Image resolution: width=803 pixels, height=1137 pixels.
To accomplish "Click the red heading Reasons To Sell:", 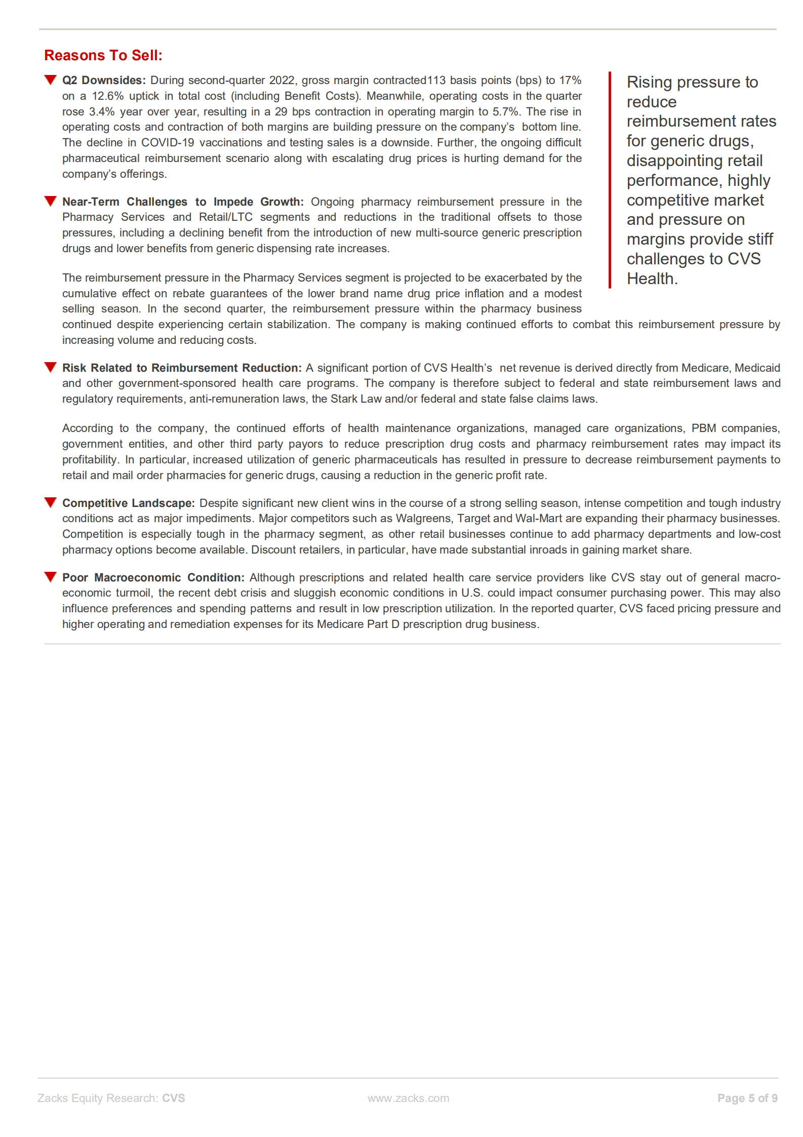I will click(103, 55).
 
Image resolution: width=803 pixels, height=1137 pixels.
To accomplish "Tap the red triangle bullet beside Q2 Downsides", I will click(50, 80).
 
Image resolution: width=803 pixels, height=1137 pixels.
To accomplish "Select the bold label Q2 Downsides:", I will click(104, 81).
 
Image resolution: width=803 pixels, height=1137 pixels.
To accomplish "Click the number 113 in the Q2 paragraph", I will click(436, 81).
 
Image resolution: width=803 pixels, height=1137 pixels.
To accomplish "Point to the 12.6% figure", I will click(107, 96).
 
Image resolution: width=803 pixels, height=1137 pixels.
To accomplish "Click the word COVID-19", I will click(167, 143).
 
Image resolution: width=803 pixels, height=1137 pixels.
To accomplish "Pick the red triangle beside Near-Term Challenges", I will click(50, 202).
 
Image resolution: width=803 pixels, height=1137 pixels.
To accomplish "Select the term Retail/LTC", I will click(225, 217).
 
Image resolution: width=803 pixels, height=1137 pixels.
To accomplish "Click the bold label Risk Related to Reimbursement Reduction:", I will click(182, 368).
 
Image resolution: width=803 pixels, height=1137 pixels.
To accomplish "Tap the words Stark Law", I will click(356, 399).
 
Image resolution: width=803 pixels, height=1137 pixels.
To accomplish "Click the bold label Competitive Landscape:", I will click(128, 503).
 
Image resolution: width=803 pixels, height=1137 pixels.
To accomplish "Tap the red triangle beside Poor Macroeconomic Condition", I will click(50, 577).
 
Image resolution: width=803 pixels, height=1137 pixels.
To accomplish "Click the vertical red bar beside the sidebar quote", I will click(610, 180).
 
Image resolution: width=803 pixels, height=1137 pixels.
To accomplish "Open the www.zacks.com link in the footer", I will click(408, 1098).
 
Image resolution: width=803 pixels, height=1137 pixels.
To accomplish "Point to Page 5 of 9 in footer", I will click(747, 1098).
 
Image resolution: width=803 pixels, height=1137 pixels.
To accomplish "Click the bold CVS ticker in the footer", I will click(174, 1098).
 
